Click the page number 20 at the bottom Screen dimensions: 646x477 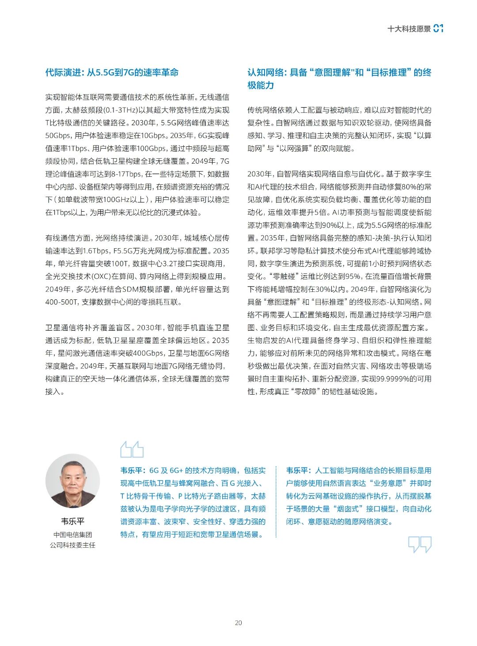point(238,623)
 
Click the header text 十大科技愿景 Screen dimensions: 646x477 point(409,29)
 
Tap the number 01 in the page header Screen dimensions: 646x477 point(438,29)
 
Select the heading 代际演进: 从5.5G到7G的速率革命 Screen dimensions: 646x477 point(112,73)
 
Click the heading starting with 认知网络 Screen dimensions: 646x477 point(339,78)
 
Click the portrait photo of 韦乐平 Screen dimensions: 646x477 point(72,482)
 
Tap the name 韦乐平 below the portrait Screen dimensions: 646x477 point(72,521)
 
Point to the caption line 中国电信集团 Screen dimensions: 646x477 point(72,534)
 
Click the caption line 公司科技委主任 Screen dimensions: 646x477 point(72,545)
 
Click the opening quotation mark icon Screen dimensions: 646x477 point(132,449)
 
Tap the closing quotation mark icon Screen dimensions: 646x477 point(420,544)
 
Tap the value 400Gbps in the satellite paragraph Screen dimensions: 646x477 point(148,353)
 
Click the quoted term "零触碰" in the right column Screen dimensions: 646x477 point(283,276)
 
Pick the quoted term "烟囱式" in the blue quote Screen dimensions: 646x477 point(349,509)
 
